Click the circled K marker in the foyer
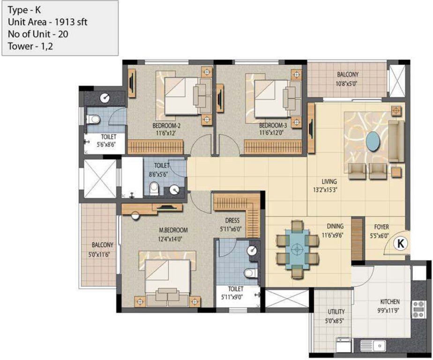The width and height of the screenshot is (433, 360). click(400, 243)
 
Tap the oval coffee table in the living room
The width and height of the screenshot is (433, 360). click(373, 141)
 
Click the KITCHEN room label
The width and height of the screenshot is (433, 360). click(390, 302)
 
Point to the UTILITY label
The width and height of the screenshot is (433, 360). click(336, 312)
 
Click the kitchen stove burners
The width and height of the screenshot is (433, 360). click(418, 309)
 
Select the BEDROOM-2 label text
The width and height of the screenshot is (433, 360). click(166, 126)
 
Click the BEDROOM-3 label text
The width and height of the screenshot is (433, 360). click(272, 126)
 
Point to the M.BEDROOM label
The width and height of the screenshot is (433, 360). click(173, 230)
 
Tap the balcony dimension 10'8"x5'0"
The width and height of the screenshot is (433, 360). click(347, 84)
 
